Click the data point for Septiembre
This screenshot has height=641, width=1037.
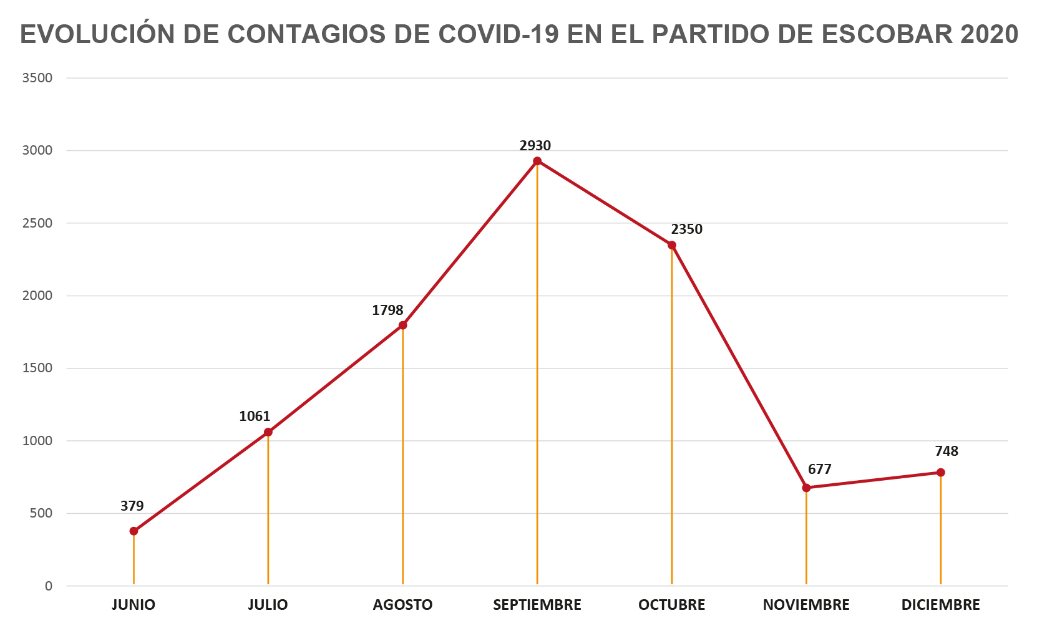point(537,161)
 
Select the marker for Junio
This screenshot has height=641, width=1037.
point(134,531)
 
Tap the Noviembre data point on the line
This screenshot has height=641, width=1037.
point(806,488)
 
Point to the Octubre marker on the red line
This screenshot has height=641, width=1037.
point(672,245)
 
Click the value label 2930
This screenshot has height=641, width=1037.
point(535,146)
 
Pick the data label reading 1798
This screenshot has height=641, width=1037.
point(387,311)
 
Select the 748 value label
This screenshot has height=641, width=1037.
point(947,451)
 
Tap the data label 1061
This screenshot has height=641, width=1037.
point(255,417)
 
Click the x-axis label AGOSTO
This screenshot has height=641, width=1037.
point(402,605)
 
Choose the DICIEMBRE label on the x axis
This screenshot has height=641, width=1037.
point(940,605)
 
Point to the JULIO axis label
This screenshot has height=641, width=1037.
point(268,605)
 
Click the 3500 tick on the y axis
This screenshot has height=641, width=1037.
point(37,78)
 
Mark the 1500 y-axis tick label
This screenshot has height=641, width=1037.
point(37,368)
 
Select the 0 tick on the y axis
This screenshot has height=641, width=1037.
point(49,586)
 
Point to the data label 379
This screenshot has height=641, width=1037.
point(132,506)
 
